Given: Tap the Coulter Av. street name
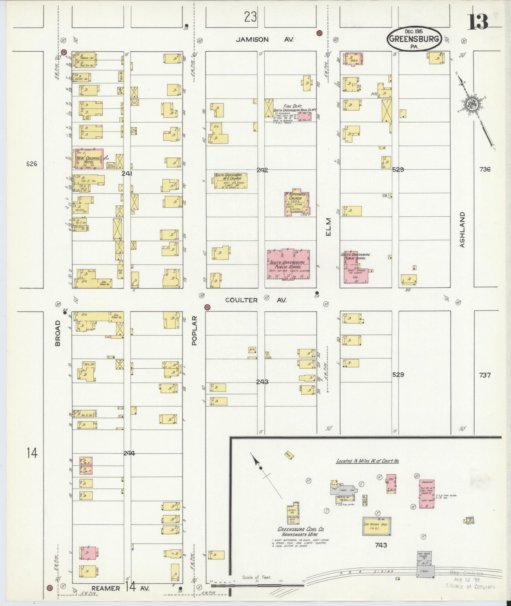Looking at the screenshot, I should pyautogui.click(x=256, y=300).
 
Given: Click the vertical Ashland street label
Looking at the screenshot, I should pyautogui.click(x=462, y=229).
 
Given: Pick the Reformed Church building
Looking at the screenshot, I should pyautogui.click(x=297, y=203).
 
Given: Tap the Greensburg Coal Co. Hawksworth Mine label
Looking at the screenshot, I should pyautogui.click(x=300, y=532).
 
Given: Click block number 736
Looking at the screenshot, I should pyautogui.click(x=485, y=169).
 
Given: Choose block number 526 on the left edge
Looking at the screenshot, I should pyautogui.click(x=31, y=164).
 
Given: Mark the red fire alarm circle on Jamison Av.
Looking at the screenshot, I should pyautogui.click(x=319, y=33).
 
